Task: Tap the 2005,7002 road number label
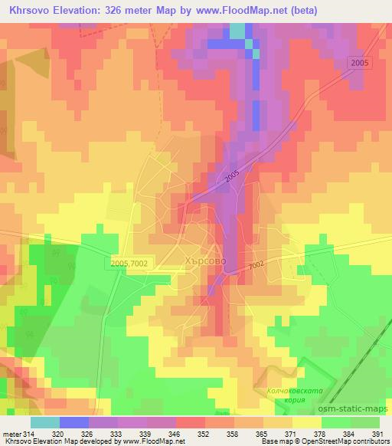129,263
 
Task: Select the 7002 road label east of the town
256,264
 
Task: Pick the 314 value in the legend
29,435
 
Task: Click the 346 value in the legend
174,435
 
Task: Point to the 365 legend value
260,435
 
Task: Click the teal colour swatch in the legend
45,422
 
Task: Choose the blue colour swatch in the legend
74,422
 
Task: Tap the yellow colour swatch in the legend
306,422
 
